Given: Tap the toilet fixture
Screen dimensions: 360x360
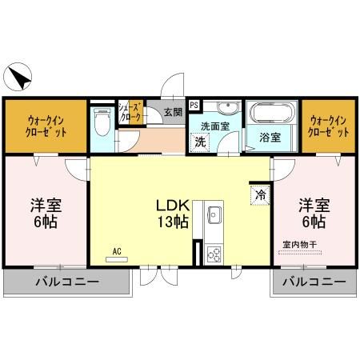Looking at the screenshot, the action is [x=102, y=122].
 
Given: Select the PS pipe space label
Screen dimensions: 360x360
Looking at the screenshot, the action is [x=194, y=105].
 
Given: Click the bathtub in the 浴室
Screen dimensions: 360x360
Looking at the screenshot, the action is [x=271, y=112].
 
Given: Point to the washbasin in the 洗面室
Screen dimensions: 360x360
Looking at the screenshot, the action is [x=227, y=107].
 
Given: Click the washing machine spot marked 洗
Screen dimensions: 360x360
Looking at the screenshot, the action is [x=200, y=142].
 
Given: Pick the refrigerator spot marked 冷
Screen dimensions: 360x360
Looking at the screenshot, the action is [x=260, y=195].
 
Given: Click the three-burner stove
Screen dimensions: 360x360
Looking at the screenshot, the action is [x=214, y=254].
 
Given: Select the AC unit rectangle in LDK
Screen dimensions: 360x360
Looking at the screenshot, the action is [x=117, y=259].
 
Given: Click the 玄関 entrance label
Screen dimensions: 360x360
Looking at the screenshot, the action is [x=173, y=112].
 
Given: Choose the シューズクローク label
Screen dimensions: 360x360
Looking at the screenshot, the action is [x=130, y=112].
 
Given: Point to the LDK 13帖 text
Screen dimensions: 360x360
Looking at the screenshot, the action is [x=173, y=214].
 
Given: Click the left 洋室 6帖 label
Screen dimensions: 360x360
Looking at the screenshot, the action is [x=46, y=214].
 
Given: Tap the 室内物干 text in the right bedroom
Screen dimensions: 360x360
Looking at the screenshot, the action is [x=300, y=244].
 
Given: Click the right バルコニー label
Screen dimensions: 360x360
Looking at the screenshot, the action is [x=314, y=282].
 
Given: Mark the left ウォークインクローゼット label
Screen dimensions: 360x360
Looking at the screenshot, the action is [x=46, y=126].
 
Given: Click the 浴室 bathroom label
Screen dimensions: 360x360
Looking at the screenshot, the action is [x=270, y=138].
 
